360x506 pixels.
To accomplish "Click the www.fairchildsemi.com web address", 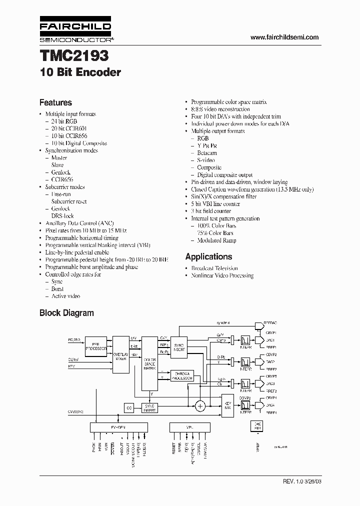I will pos(284,37).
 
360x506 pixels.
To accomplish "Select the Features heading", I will pos(55,102).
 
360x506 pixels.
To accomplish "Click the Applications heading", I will pos(208,256).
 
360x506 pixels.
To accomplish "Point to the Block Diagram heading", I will pos(66,313).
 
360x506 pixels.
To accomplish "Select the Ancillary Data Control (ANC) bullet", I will pos(79,223).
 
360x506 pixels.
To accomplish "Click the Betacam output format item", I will pos(206,153).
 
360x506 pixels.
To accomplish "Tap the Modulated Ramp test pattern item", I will pos(217,240).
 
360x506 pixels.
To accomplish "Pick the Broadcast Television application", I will pos(214,268).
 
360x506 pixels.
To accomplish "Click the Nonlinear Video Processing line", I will pos(222,275).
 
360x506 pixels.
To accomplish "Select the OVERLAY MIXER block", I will pos(120,355).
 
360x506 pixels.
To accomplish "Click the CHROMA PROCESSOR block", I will pos(182,375).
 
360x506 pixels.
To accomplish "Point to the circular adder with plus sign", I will pos(200,406).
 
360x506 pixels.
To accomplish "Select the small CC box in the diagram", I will pos(129,408).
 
